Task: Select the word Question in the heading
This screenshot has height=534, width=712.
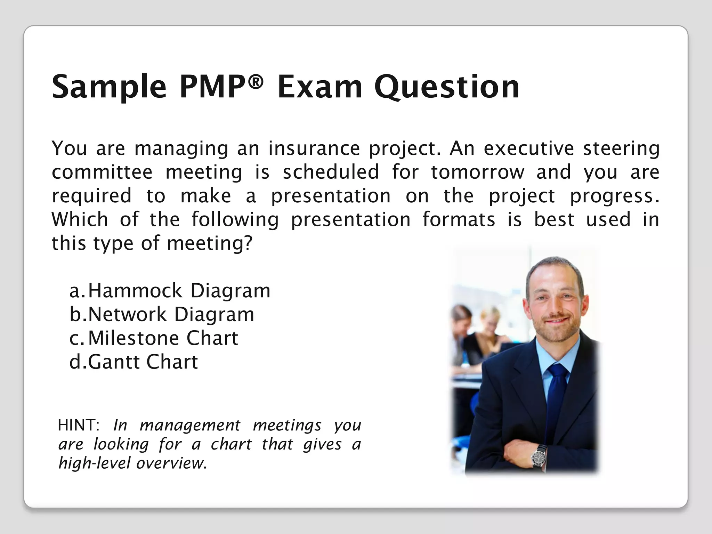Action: point(446,87)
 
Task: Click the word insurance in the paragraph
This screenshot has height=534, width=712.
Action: point(314,148)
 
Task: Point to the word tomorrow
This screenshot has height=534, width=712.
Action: point(477,172)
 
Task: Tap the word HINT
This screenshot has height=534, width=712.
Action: point(79,425)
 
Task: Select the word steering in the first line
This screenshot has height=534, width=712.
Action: point(621,148)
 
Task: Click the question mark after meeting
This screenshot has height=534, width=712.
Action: point(248,243)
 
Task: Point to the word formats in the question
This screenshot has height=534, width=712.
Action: point(459,220)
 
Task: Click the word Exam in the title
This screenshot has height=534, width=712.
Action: point(319,87)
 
